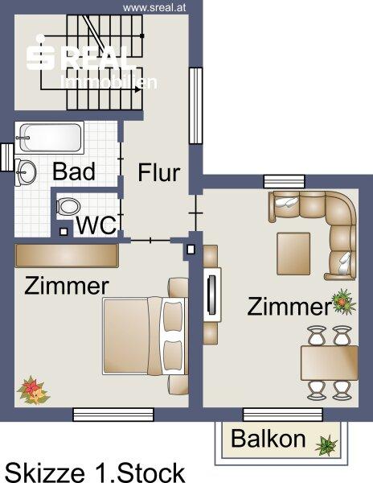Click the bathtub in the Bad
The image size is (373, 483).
click(x=50, y=138)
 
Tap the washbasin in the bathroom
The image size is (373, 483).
click(x=26, y=172)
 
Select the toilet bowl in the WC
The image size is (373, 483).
click(x=68, y=206)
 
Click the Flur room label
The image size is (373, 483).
click(x=158, y=172)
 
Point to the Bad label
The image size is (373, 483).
click(x=74, y=171)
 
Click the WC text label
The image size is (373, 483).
click(x=96, y=225)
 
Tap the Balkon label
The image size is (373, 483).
click(x=268, y=439)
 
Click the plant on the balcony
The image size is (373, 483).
click(x=326, y=445)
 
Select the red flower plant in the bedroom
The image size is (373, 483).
click(x=33, y=390)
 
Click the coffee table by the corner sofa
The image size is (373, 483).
click(x=293, y=254)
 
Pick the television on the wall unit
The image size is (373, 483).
click(x=212, y=295)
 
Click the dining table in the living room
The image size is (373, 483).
click(x=329, y=363)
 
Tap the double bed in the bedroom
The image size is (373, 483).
click(x=146, y=336)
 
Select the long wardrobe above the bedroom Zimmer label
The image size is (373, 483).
click(x=67, y=256)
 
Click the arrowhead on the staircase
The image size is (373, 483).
click(x=137, y=89)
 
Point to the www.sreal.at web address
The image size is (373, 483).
click(x=154, y=8)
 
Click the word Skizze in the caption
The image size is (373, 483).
click(x=45, y=473)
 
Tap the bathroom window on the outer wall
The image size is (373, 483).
click(x=6, y=157)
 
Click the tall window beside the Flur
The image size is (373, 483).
click(x=195, y=105)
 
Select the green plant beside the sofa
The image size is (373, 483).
click(x=343, y=302)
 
